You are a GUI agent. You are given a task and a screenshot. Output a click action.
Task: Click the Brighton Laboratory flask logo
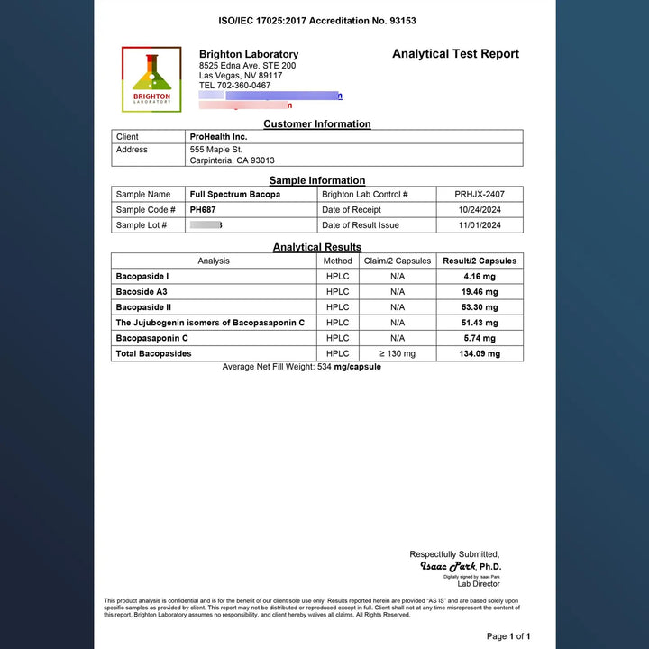[151, 79]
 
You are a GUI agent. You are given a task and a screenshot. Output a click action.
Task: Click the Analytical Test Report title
[455, 54]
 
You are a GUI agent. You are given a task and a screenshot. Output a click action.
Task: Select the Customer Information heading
[316, 124]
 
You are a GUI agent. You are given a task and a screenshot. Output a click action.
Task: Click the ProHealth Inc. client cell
[218, 137]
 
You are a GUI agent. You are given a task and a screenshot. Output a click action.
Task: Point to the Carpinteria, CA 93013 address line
[232, 160]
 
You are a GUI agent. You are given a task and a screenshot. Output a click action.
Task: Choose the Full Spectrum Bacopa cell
[234, 194]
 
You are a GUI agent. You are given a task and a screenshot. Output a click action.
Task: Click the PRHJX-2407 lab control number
[480, 194]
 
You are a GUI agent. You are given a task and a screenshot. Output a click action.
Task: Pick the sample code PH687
[204, 209]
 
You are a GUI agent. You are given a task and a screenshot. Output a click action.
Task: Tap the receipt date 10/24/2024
[480, 209]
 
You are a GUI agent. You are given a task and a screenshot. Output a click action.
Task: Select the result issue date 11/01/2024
[480, 225]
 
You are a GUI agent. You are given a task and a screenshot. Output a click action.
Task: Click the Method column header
[338, 261]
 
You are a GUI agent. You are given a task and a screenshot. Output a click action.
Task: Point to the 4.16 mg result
[480, 276]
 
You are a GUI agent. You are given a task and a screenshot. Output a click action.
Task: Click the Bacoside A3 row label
[142, 292]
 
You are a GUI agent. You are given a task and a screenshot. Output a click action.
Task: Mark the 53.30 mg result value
[480, 307]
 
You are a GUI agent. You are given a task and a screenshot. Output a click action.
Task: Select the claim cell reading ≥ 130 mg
[398, 354]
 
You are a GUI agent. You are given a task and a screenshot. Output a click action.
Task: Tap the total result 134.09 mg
[480, 354]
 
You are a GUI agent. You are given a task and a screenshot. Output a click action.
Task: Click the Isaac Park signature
[448, 567]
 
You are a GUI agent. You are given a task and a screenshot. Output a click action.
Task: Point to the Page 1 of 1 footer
[515, 636]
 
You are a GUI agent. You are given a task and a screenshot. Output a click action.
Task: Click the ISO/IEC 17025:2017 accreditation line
[317, 21]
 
